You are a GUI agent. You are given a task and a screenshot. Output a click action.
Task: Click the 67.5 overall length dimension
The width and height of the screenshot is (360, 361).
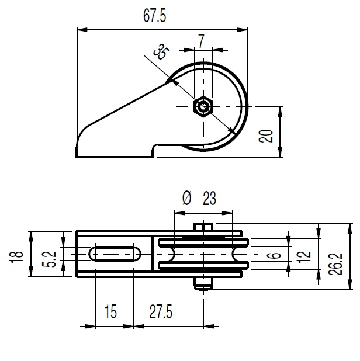154,16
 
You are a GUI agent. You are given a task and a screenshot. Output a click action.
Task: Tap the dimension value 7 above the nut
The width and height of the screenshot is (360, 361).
201,41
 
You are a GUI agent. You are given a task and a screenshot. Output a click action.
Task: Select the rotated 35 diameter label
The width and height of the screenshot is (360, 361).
161,52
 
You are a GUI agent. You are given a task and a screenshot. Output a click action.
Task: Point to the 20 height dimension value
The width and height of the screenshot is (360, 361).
266,136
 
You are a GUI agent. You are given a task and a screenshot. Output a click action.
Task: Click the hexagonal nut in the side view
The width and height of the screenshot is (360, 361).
203,106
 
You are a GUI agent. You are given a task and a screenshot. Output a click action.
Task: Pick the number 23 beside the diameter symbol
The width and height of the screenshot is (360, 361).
209,198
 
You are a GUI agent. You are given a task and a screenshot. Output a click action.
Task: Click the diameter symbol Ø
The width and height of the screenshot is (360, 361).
186,198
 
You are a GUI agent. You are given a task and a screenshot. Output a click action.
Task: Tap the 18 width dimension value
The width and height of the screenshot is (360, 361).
16,254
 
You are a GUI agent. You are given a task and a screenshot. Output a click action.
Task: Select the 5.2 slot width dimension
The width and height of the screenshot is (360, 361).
49,259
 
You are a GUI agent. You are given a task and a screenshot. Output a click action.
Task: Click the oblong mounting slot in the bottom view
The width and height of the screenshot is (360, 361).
115,254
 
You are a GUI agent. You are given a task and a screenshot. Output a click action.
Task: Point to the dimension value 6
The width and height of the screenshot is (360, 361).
275,255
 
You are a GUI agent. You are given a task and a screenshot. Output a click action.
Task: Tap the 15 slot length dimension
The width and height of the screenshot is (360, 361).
111,311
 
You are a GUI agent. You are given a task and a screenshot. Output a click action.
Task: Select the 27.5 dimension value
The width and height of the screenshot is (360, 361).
161,311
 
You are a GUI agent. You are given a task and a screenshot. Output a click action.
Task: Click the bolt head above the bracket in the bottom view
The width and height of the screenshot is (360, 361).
203,227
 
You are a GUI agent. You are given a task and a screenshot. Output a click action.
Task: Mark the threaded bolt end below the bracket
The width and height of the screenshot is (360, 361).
203,284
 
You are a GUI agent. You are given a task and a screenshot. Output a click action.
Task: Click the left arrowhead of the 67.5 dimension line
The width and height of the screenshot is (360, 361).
82,30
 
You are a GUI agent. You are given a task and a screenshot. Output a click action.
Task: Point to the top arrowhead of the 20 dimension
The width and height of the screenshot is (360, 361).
280,112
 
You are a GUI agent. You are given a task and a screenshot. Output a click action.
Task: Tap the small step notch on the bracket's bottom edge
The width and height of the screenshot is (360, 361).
155,150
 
